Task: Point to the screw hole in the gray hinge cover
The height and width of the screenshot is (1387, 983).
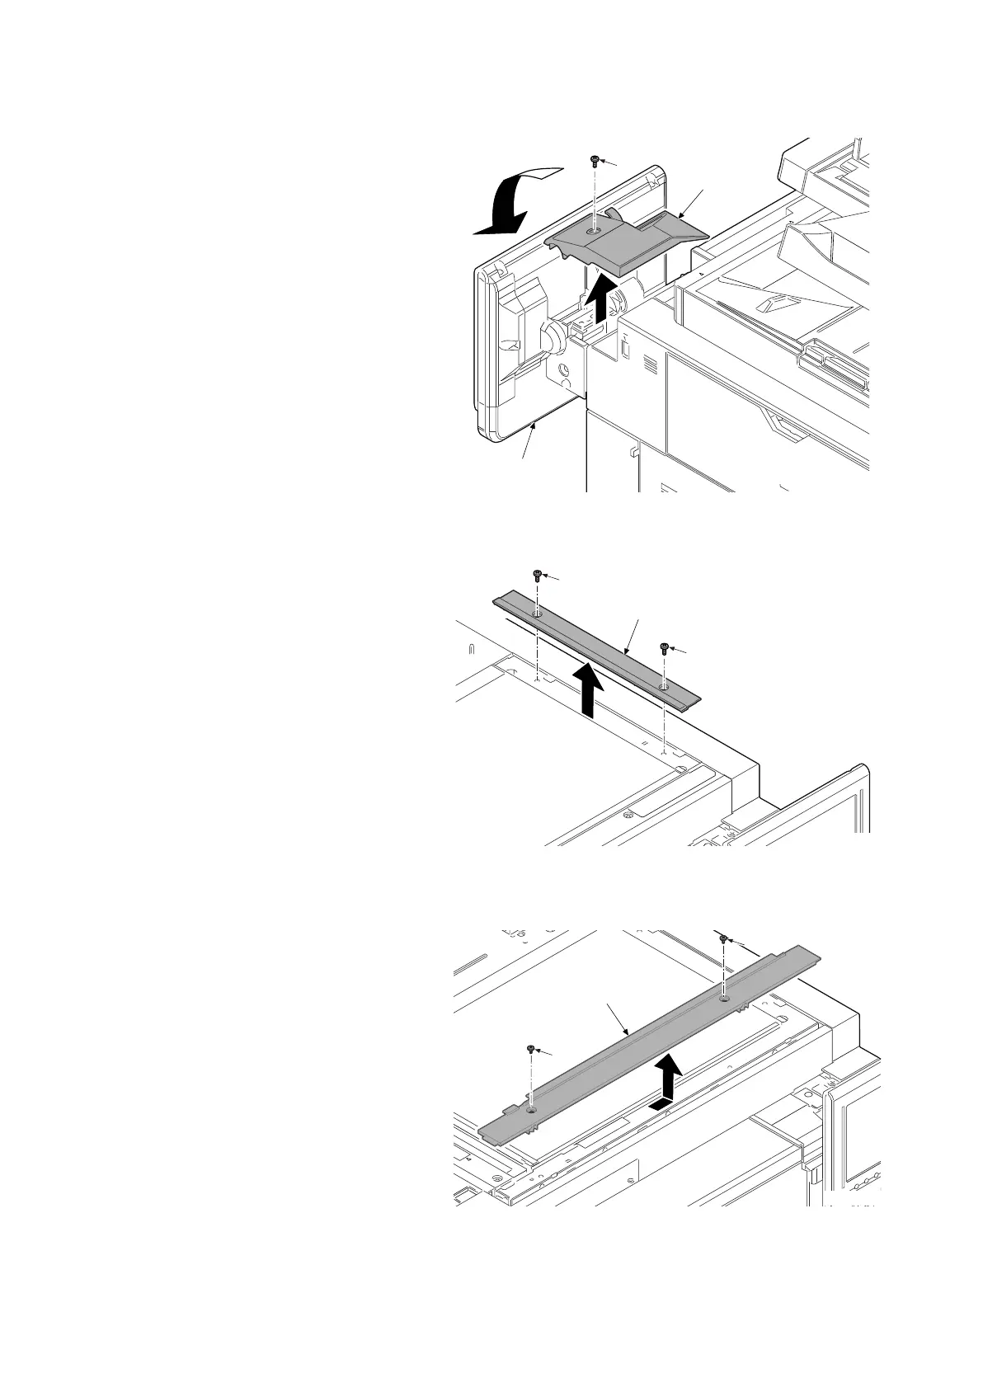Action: coord(594,233)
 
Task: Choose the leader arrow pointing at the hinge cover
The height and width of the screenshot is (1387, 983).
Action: coord(691,202)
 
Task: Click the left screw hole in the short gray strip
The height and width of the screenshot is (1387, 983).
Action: coord(537,614)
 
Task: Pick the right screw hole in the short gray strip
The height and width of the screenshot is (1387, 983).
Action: coord(664,685)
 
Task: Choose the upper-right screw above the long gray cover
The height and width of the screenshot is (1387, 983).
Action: coord(723,938)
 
